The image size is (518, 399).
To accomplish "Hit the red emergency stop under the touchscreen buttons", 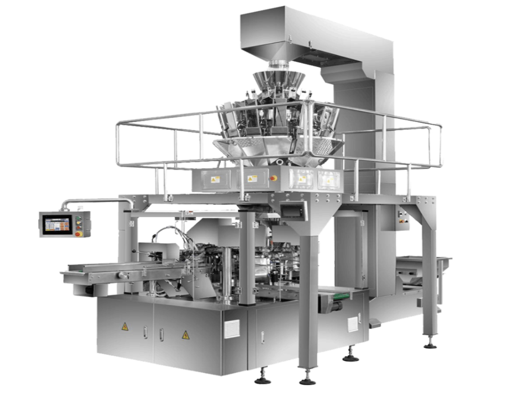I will [78, 234].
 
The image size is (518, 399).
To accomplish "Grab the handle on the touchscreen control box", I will [88, 224].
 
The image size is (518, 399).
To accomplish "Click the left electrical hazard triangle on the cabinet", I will [125, 326].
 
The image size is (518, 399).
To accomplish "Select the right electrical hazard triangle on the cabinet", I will [186, 335].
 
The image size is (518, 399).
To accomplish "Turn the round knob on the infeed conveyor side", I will [122, 275].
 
